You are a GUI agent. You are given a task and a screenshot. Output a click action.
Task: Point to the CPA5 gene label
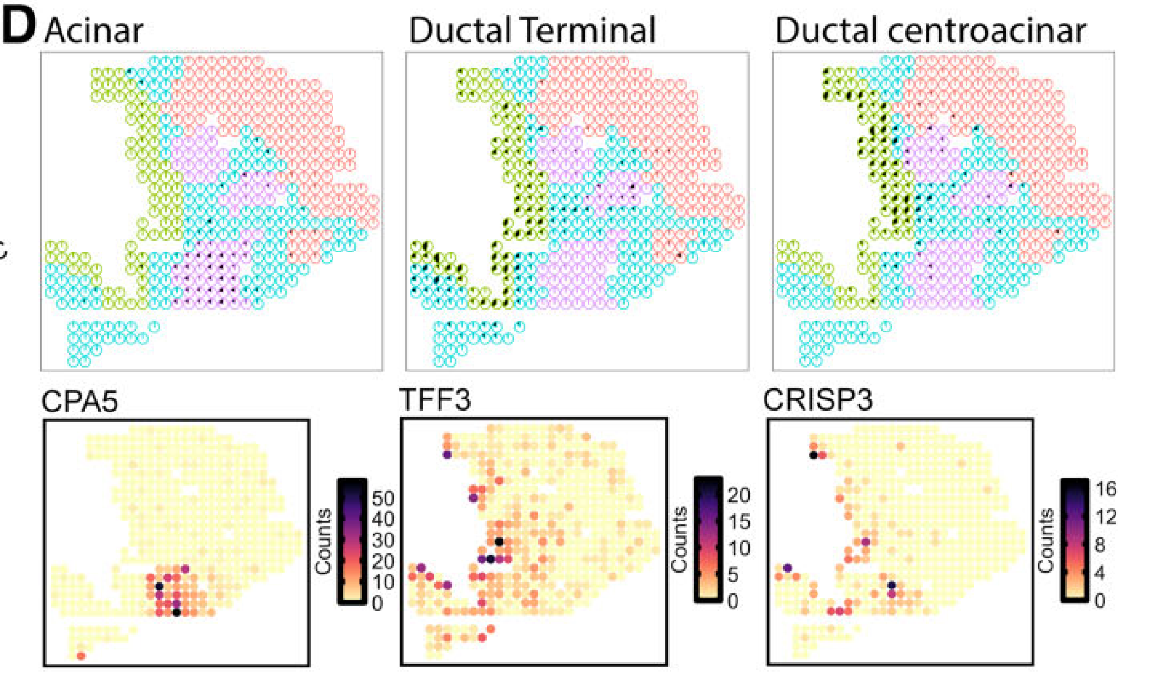click(x=79, y=400)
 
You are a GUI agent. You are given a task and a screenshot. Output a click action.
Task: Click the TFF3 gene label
click(x=435, y=400)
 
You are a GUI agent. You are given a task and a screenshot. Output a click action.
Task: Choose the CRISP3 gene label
click(x=818, y=400)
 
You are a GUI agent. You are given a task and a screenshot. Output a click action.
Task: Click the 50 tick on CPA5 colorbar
click(x=383, y=498)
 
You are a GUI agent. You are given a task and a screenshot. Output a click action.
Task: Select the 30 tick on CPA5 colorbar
click(x=383, y=540)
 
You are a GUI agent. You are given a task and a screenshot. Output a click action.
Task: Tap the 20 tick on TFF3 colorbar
click(x=739, y=495)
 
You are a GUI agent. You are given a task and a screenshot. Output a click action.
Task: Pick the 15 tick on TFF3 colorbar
click(x=739, y=522)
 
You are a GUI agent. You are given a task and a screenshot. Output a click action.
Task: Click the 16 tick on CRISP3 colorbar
click(x=1106, y=489)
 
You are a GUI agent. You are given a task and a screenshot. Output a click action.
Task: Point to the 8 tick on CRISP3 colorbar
click(x=1100, y=545)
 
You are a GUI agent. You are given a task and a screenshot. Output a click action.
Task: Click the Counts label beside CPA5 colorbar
click(x=324, y=540)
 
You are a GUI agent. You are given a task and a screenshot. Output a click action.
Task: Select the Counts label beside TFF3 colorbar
click(x=679, y=539)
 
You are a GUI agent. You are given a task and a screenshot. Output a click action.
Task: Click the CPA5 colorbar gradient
click(x=352, y=540)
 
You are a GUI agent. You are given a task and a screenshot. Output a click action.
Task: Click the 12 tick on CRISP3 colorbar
click(x=1106, y=517)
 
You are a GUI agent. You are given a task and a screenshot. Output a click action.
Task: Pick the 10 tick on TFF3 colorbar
click(x=739, y=548)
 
